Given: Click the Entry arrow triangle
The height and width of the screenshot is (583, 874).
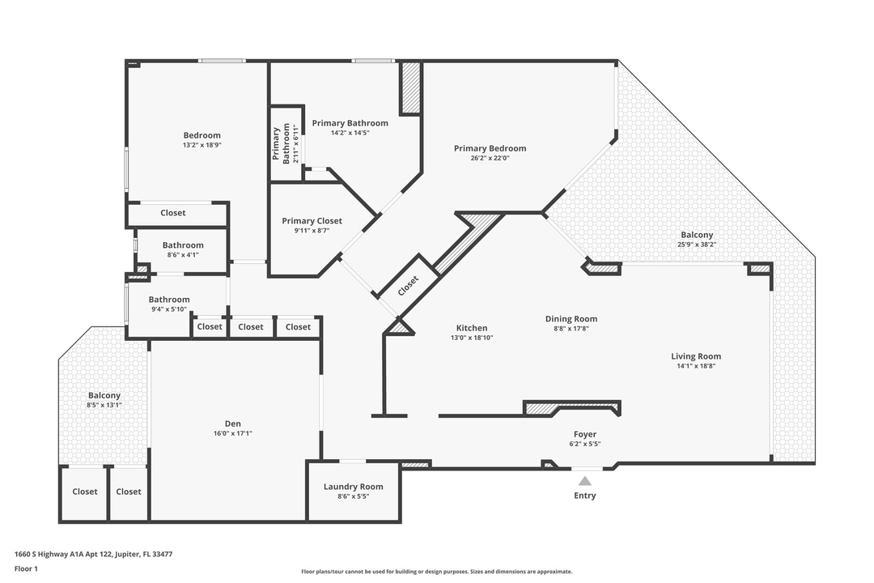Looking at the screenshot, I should [x=584, y=481].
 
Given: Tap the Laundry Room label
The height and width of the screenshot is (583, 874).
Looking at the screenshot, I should [x=353, y=487].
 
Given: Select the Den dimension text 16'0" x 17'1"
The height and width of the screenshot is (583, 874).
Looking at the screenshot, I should [x=232, y=433].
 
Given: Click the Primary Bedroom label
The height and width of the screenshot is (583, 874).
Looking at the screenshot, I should [x=490, y=148].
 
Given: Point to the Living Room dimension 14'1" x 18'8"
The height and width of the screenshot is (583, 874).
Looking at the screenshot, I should [x=695, y=366].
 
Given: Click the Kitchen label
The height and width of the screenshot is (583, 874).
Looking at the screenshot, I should [x=471, y=328].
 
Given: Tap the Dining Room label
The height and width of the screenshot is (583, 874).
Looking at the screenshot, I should [x=571, y=319].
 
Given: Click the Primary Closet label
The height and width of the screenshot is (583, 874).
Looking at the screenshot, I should [x=312, y=221].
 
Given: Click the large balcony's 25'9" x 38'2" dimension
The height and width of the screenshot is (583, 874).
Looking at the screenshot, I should [x=696, y=245].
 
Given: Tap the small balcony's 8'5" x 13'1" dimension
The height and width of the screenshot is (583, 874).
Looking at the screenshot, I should [x=104, y=405].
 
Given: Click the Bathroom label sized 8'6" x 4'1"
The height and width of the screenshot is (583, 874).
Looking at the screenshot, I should [x=183, y=245].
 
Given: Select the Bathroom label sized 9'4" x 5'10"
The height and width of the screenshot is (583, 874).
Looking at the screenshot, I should [x=168, y=300].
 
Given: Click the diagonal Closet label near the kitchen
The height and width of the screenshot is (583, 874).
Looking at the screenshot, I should [x=409, y=284].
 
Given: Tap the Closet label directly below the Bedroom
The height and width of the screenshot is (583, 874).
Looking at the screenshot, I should [x=172, y=213].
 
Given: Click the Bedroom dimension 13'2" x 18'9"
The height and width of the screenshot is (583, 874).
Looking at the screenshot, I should [x=202, y=145].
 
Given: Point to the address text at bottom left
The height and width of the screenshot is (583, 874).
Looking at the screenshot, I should [x=93, y=555].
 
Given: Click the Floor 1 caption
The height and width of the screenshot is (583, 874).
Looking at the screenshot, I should [x=26, y=568].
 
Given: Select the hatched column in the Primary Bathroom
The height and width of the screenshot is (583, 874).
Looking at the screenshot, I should [x=411, y=87].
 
